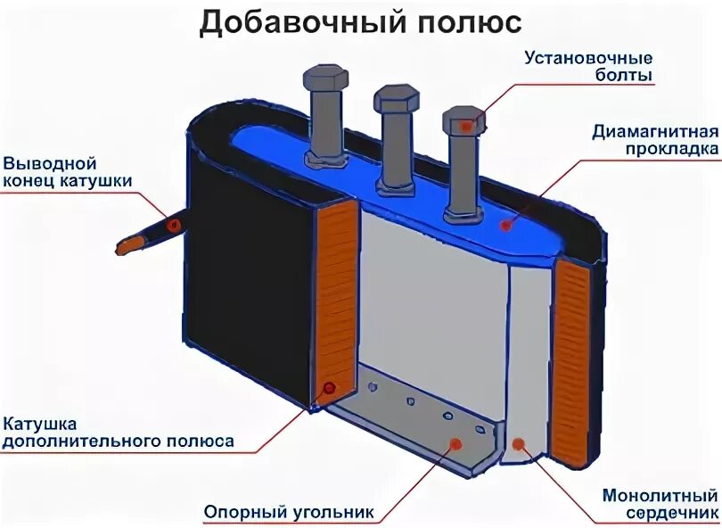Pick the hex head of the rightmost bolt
click(x=464, y=120)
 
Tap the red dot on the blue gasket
click(x=506, y=225)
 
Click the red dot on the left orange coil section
click(x=331, y=388)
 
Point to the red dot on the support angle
click(x=456, y=442)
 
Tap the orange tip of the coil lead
click(x=130, y=242)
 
